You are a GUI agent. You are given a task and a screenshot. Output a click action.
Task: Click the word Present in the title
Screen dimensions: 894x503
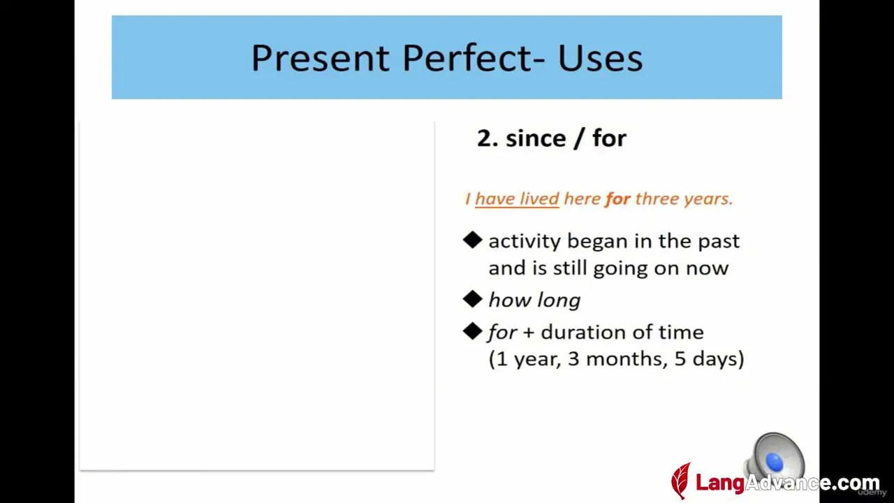(320, 59)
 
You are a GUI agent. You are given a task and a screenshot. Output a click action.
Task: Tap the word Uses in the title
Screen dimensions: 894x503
(600, 58)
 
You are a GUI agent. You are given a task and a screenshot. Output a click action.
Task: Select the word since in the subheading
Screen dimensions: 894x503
(536, 138)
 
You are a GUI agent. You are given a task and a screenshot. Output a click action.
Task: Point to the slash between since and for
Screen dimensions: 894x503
(579, 139)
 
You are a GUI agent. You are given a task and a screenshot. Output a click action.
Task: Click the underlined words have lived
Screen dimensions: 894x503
(517, 199)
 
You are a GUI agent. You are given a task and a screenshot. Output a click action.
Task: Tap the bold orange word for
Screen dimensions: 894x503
(618, 199)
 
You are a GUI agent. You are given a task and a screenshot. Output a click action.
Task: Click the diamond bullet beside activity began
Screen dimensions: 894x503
(473, 240)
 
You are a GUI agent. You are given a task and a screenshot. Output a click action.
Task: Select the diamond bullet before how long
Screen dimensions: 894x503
(473, 299)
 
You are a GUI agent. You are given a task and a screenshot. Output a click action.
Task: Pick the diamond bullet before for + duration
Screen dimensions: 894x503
(473, 331)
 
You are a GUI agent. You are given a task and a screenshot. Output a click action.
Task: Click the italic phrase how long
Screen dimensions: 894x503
(534, 300)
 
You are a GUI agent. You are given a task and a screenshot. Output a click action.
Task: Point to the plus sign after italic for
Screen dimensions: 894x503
(528, 333)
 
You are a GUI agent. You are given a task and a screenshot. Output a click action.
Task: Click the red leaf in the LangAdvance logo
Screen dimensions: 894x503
(681, 481)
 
